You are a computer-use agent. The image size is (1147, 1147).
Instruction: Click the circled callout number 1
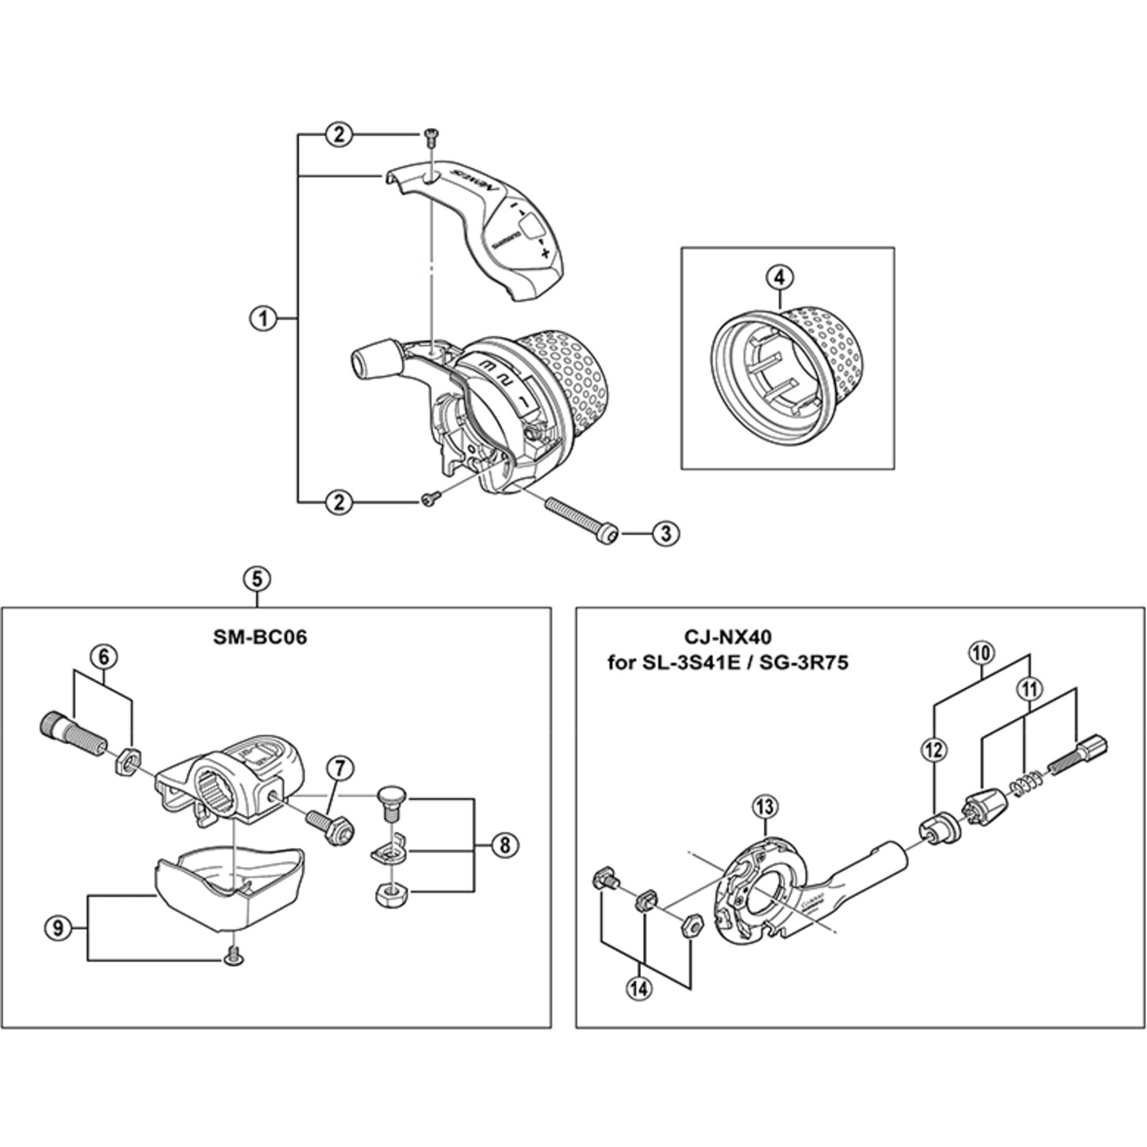point(263,319)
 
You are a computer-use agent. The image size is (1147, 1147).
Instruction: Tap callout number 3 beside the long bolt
point(665,533)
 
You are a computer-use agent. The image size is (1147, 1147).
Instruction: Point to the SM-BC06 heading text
point(260,638)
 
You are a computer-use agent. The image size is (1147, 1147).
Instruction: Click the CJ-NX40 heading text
point(728,638)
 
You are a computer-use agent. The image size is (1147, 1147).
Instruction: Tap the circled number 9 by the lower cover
point(58,927)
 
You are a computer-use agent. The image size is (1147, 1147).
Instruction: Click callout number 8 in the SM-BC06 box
point(504,845)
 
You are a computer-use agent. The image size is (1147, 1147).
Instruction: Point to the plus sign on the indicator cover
point(544,253)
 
